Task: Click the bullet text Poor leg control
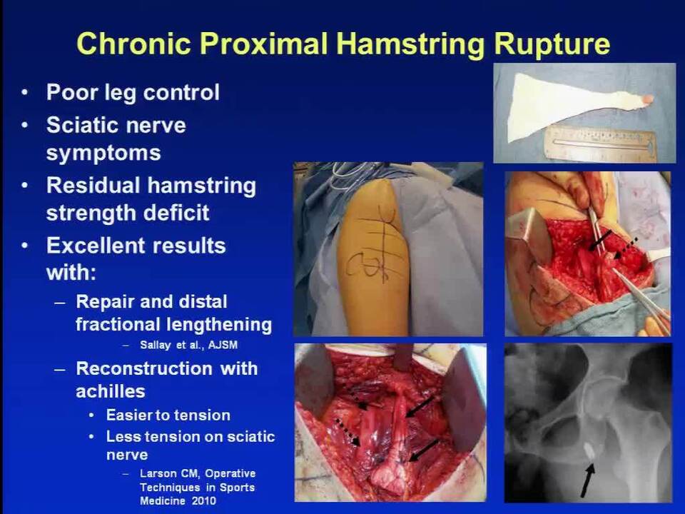(x=133, y=93)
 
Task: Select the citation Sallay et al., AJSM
(x=188, y=345)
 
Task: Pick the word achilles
(x=111, y=391)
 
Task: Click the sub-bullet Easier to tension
(x=168, y=415)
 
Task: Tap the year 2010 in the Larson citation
(x=203, y=500)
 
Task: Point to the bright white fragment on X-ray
(x=589, y=449)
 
